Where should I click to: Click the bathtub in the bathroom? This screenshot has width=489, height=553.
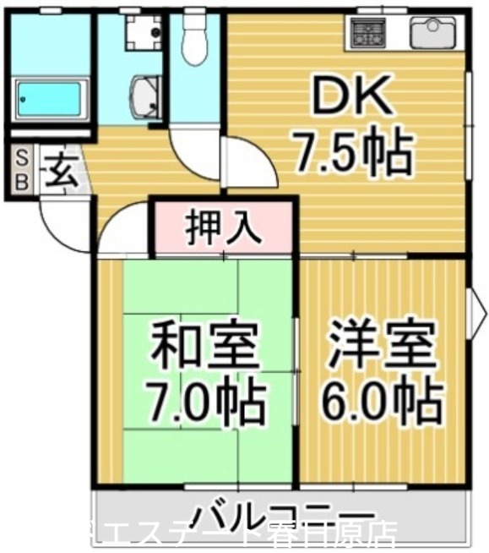tap(50, 99)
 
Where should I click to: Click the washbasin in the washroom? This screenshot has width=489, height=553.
tap(144, 95)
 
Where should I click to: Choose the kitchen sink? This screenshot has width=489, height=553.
tap(432, 33)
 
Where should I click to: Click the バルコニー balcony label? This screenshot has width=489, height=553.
tap(283, 513)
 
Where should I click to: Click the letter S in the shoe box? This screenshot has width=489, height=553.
tap(22, 157)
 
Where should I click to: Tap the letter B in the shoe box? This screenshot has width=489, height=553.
tap(22, 180)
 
